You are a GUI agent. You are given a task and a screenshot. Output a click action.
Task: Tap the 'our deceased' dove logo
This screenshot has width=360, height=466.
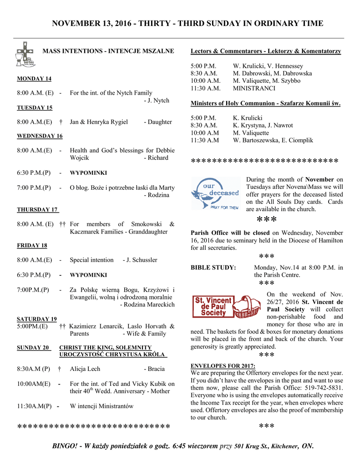click(215, 193)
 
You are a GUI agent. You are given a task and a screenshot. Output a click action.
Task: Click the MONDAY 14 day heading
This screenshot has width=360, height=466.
click(34, 79)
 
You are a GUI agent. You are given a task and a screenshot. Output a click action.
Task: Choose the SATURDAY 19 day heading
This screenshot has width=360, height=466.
click(37, 319)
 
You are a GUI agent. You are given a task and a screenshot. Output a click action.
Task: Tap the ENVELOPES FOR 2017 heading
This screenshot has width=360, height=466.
click(223, 366)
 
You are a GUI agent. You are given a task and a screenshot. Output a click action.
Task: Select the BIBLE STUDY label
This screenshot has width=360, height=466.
click(213, 268)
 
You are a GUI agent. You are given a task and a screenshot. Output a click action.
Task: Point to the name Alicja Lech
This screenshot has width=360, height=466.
click(85, 369)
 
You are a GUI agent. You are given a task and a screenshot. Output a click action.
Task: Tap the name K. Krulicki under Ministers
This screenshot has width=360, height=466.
click(248, 118)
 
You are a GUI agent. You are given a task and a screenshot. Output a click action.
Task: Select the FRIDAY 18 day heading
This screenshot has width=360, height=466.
click(32, 245)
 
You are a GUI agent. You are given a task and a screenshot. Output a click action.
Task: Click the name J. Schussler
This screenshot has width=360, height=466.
click(140, 260)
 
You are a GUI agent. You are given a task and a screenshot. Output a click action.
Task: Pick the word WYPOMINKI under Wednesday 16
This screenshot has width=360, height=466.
click(88, 173)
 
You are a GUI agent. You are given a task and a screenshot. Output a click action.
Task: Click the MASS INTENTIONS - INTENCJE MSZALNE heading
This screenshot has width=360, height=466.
click(108, 51)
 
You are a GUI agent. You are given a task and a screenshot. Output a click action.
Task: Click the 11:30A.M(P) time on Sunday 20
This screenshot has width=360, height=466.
click(34, 406)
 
